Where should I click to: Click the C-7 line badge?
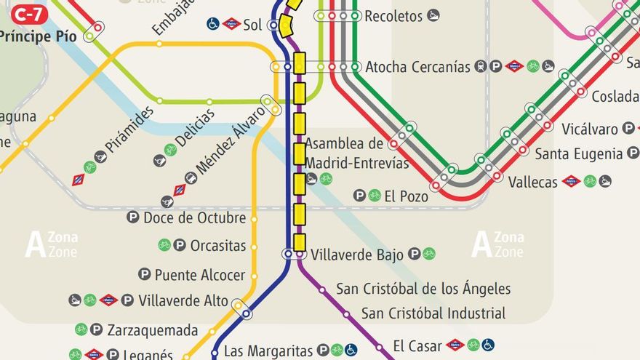coord(29,14)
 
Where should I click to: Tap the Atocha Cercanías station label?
coord(417,67)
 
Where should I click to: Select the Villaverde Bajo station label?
coord(356,255)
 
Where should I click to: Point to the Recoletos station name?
coord(393,15)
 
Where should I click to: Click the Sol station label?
coord(252,25)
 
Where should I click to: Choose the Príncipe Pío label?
coord(39,36)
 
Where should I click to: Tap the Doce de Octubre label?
coord(194,217)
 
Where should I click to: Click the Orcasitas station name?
coord(218,246)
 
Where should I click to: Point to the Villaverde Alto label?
coord(183,300)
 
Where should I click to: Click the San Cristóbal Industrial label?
coord(433,313)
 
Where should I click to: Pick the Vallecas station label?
coord(532,182)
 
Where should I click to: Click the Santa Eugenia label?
coord(579,153)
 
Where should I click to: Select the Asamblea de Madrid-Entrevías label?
coord(356,153)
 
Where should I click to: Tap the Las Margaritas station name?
coord(268,351)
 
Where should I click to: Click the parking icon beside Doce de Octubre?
coord(132,217)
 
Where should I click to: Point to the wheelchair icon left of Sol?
coord(213,24)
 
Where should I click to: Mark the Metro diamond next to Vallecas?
coord(572,181)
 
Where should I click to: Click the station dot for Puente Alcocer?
coord(253,276)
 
